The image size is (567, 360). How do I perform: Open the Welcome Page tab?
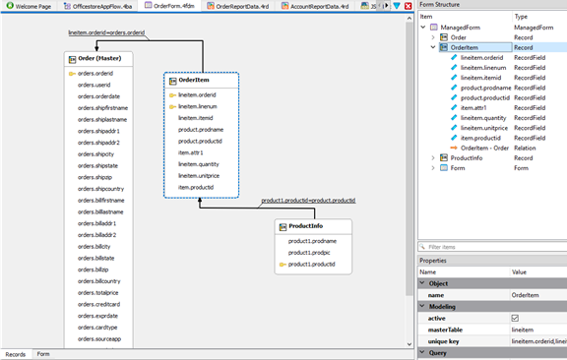pos(31,6)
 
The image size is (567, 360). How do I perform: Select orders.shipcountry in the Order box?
pos(101,188)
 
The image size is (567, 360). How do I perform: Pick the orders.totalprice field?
pos(99,292)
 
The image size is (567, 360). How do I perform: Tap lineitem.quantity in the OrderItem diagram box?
pos(199,163)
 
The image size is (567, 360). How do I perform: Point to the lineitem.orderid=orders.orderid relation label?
pos(106,32)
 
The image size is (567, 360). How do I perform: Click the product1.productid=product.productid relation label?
pos(307,201)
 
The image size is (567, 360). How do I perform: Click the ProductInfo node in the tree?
pos(469,157)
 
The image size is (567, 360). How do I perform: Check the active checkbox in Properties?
pos(515,318)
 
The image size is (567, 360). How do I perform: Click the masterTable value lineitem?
pos(523,329)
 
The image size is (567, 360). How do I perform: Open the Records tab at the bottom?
pos(16,354)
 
